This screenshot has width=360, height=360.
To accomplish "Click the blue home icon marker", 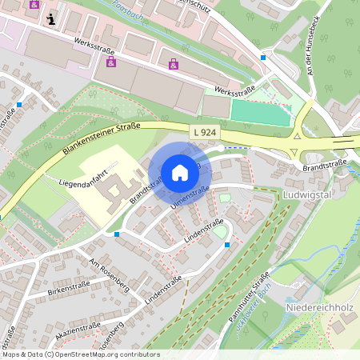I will [x=179, y=173].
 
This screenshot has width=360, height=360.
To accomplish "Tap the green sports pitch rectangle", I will [x=260, y=113].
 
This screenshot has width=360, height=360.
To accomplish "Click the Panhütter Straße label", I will [x=248, y=299].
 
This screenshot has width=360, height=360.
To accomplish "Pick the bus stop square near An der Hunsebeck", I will [x=263, y=58].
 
